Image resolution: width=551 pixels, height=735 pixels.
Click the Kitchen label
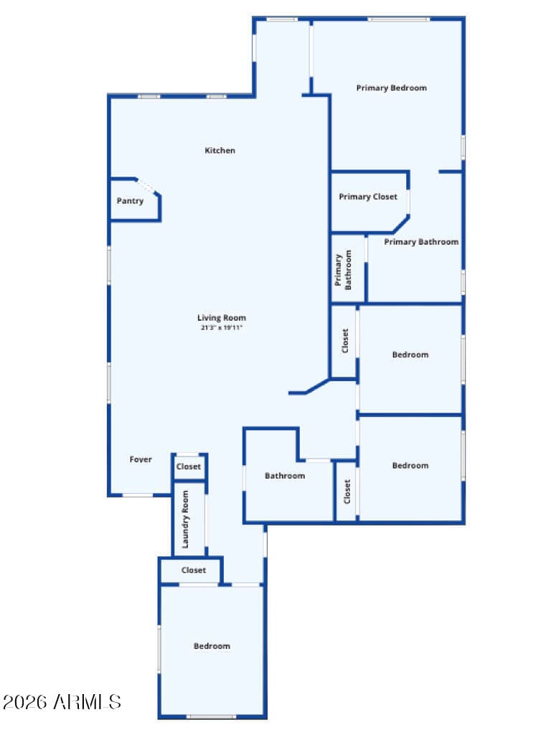tap(220, 151)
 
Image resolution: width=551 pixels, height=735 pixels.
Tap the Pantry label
tap(130, 201)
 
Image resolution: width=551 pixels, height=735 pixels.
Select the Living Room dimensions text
tap(222, 327)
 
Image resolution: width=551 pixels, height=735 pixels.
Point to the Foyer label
tap(141, 459)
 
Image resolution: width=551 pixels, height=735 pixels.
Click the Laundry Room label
tap(185, 520)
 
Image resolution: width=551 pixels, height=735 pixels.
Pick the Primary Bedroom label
tap(391, 88)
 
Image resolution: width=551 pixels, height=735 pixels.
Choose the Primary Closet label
tap(368, 197)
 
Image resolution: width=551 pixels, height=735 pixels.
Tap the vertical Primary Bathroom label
tap(343, 270)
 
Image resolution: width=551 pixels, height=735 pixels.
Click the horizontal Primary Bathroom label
tap(421, 242)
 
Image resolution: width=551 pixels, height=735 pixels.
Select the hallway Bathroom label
tap(285, 476)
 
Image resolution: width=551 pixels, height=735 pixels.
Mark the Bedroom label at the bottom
tap(212, 646)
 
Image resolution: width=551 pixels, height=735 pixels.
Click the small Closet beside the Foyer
tap(189, 467)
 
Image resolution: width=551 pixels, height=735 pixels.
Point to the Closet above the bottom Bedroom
tap(194, 570)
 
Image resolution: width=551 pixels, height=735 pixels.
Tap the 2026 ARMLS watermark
tap(62, 702)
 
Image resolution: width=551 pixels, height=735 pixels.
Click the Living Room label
tap(222, 318)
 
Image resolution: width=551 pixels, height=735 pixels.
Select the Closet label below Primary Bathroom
tap(345, 341)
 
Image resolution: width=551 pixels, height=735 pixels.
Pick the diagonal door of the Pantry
tap(148, 186)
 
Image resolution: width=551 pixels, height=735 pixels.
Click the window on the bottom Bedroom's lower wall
tap(212, 716)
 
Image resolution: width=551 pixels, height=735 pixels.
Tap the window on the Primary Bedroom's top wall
tap(398, 19)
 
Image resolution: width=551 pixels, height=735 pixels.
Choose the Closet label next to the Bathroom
tap(347, 492)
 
